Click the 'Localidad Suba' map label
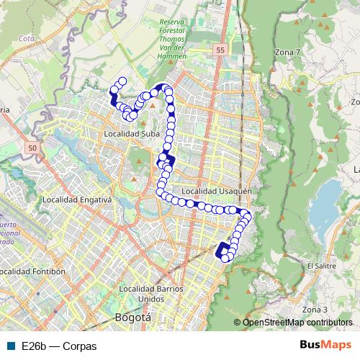click(131, 133)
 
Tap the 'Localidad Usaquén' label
click(216, 192)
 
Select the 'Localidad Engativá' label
click(77, 199)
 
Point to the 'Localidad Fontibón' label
click(33, 271)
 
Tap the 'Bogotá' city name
click(132, 317)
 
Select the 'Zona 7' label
click(287, 53)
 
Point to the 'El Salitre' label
click(320, 266)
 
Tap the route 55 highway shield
click(220, 50)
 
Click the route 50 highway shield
click(31, 148)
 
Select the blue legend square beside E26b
click(11, 346)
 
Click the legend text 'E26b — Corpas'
click(59, 346)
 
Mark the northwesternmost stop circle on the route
click(122, 81)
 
